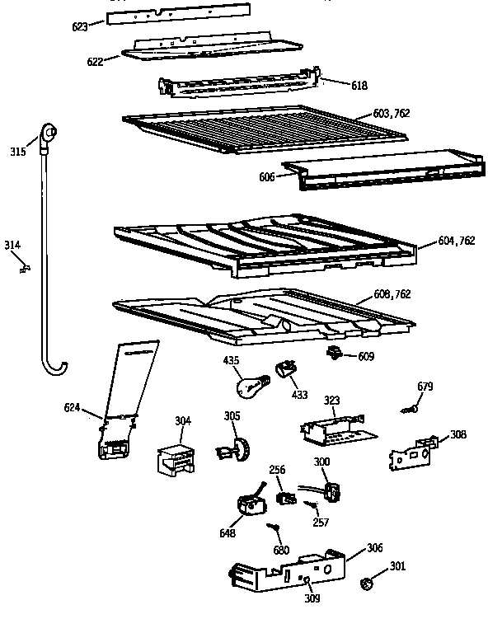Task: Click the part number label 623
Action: (x=80, y=26)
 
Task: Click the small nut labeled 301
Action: (x=365, y=585)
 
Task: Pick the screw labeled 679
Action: (x=407, y=408)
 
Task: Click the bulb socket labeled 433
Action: (x=286, y=369)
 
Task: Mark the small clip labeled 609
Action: (x=335, y=354)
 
